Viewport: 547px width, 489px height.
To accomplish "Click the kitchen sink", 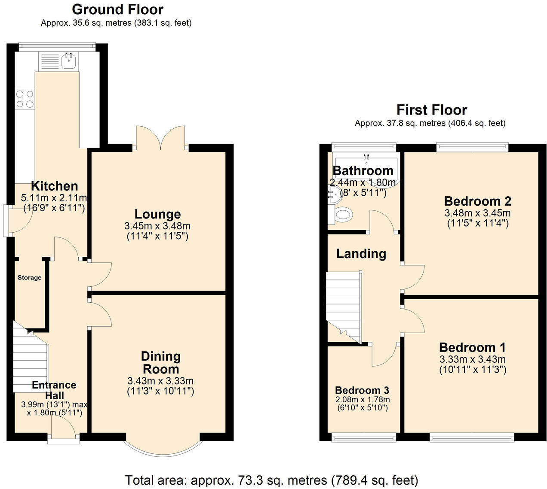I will [68, 61].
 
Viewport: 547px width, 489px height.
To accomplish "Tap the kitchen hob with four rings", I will [25, 99].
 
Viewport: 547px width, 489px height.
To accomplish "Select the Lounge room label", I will [157, 214].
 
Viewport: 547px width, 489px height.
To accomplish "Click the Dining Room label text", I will [161, 362].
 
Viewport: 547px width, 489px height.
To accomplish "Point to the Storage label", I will [29, 277].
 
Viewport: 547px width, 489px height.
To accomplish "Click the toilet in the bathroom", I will [343, 214].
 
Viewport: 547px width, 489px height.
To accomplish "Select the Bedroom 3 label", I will [362, 390].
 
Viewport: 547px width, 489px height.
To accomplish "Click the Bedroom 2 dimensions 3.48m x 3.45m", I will [477, 213].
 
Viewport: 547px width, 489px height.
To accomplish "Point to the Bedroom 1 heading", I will [472, 347].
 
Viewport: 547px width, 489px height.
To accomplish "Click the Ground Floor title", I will [117, 9].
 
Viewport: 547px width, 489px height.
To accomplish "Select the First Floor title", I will [431, 110].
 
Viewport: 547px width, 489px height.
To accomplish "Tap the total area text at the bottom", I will [271, 480].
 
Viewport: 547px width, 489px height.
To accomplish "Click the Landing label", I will [361, 254].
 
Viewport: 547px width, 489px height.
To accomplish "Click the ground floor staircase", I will [29, 361].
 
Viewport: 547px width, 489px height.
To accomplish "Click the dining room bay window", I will [163, 449].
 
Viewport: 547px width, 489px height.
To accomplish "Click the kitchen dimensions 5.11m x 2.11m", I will [54, 198].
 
